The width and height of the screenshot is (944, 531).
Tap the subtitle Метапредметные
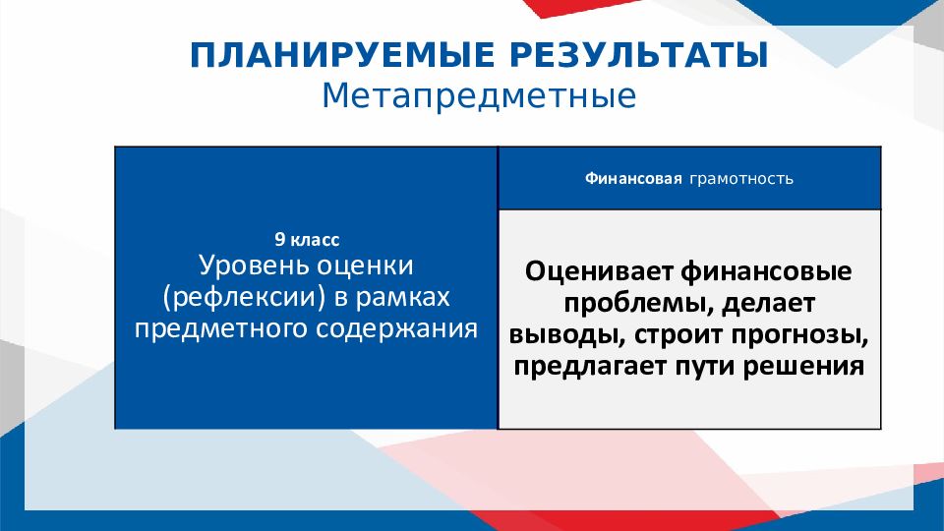tap(479, 96)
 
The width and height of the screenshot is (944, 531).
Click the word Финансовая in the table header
tap(633, 180)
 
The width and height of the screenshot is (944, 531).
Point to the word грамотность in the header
tap(740, 180)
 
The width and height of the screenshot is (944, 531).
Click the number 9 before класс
tap(278, 239)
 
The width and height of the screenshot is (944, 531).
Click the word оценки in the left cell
tap(366, 265)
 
